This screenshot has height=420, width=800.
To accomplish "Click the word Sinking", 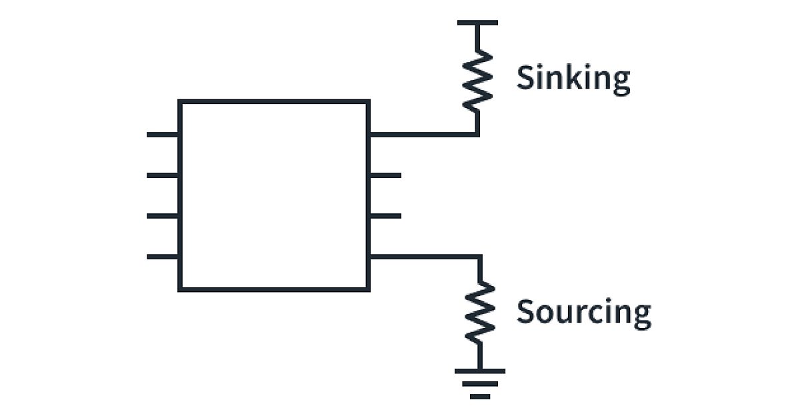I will coord(573,79).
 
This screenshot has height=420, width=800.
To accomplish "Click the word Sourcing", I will coord(583,312).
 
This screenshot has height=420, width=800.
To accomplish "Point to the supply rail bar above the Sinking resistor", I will coord(477,23).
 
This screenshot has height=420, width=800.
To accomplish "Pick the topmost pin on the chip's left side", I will coord(163,135).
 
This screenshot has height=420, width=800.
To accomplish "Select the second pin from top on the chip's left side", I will coord(163,175).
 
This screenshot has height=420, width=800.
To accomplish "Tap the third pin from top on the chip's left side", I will coord(163,216).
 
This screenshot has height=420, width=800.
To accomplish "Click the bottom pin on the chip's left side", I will coord(163,257).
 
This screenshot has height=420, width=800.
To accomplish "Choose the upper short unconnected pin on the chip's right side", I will coord(385,175).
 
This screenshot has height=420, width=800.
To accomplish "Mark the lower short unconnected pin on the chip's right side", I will coord(385,216).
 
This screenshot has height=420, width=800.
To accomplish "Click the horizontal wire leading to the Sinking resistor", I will coord(423,135).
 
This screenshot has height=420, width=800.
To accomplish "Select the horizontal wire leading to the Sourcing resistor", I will coord(423,257).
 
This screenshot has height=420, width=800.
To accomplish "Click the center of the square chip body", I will coord(274,195).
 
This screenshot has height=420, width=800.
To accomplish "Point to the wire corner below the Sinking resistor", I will coord(477,135).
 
